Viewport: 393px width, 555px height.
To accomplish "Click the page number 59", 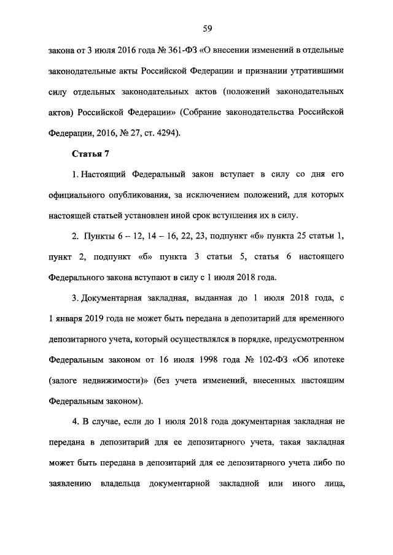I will [x=208, y=28].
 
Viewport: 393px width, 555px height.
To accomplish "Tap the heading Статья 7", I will [x=90, y=153].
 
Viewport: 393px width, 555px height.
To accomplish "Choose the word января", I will [x=73, y=319].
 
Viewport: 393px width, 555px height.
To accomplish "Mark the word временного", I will [x=316, y=319].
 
